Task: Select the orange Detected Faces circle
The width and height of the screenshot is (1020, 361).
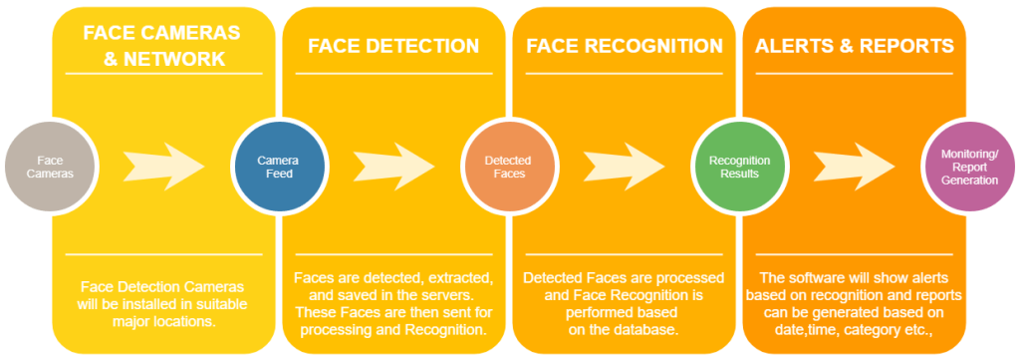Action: (508, 168)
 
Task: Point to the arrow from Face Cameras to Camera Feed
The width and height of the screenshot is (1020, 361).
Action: (163, 167)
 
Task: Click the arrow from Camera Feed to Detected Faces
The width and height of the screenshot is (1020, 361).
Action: (394, 167)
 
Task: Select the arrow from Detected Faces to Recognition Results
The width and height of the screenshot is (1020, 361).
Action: (624, 167)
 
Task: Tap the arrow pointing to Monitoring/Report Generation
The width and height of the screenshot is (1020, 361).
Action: (854, 167)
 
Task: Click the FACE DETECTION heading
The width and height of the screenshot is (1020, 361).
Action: (393, 46)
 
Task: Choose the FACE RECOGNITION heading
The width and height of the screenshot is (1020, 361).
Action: (625, 46)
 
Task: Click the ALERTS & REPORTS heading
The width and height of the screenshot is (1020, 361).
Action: (854, 46)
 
